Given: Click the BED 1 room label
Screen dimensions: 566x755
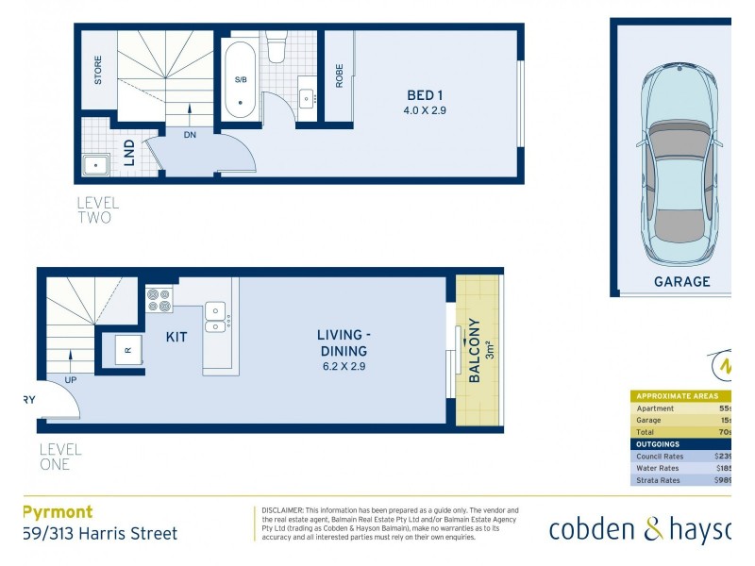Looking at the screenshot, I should (x=425, y=95).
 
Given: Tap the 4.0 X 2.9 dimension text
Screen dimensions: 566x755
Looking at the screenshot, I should (x=425, y=111).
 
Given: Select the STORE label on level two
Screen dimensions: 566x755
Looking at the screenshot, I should (x=98, y=70).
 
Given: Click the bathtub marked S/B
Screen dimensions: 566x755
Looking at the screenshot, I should (x=241, y=79).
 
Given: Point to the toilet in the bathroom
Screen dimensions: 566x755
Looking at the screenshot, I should (x=277, y=47).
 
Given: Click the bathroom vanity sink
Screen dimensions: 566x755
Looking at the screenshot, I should (x=307, y=97).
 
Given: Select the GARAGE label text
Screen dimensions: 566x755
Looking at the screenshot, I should (x=681, y=281).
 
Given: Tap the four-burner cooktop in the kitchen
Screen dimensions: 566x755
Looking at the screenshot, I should (x=159, y=300).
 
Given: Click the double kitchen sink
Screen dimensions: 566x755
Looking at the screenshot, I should (x=216, y=318).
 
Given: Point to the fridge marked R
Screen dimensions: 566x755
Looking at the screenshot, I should (x=127, y=350).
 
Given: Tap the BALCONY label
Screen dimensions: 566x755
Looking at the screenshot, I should (x=475, y=350).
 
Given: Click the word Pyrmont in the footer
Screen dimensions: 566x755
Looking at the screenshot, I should (x=58, y=512).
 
